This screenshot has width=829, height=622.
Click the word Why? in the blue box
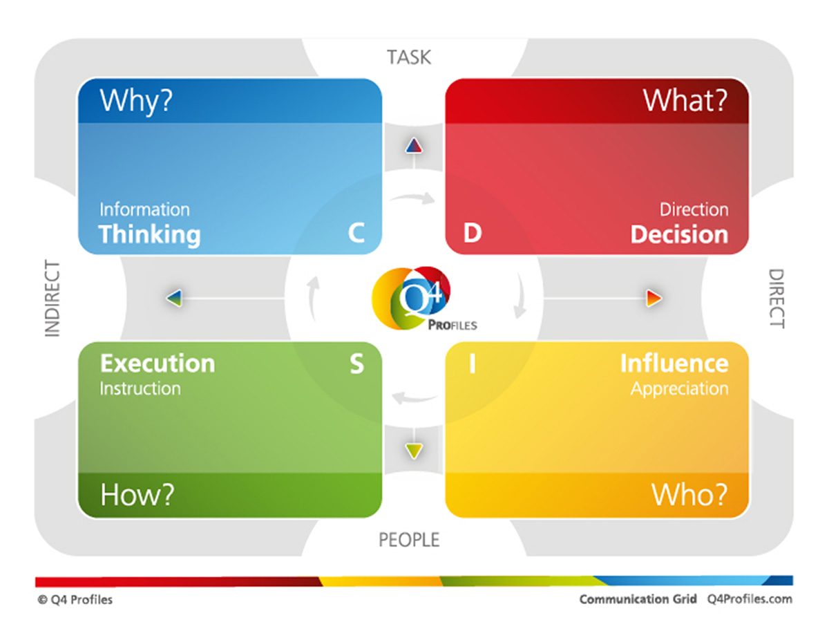(x=136, y=101)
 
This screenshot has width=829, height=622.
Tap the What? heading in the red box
(x=685, y=101)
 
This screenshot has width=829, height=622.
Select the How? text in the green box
(x=137, y=495)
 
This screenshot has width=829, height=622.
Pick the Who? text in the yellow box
(x=689, y=495)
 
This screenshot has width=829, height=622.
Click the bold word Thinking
(x=150, y=235)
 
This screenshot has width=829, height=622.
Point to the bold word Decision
(x=679, y=235)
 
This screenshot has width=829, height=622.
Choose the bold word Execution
(x=158, y=364)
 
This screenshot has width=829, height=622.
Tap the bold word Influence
(x=674, y=364)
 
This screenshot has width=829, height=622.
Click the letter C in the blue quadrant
(x=356, y=234)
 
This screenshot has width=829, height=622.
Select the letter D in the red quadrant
(x=472, y=234)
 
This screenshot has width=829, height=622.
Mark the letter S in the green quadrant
(x=356, y=364)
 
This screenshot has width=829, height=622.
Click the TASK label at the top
(x=409, y=57)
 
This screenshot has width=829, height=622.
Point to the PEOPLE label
(x=409, y=540)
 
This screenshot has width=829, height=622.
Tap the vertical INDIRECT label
(x=53, y=299)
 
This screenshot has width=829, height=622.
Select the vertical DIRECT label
(x=776, y=299)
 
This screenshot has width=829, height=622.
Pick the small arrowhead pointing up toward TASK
(x=413, y=145)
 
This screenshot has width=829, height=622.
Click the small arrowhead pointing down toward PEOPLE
(x=414, y=452)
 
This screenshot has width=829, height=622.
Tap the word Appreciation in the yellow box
(x=679, y=388)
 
